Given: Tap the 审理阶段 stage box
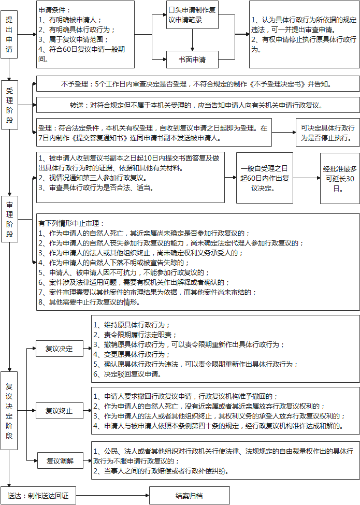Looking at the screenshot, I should coord(9,219).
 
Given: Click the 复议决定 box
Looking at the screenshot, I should coord(59,348).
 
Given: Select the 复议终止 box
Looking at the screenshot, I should coord(59,411).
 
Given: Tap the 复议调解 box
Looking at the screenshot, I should coord(59,460).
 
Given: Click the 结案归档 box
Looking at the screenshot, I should coord(189,495).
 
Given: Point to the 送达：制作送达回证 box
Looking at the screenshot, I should coord(38,495).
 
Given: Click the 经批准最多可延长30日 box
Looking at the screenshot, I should coord(339,178).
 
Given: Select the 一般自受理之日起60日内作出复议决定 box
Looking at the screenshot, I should coord(265,178).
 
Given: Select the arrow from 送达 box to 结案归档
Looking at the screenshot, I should coord(112,495).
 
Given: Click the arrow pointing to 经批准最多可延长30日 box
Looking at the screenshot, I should coord(307,178).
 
